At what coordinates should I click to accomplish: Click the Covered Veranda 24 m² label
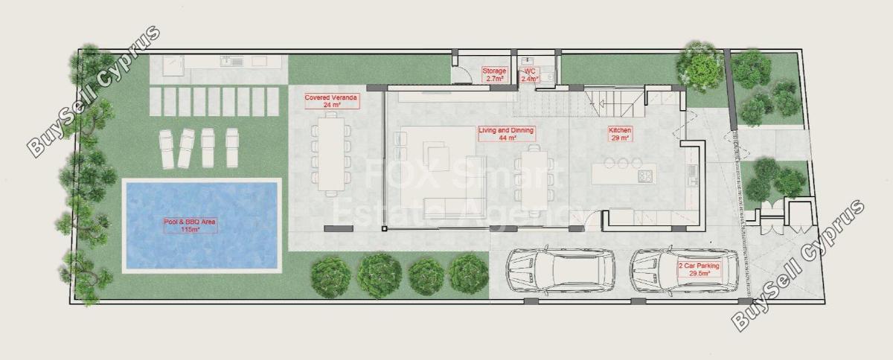tap(332, 101)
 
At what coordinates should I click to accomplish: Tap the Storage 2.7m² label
tap(494, 74)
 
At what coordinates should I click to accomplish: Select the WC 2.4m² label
tap(530, 75)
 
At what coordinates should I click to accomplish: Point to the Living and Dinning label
tap(506, 130)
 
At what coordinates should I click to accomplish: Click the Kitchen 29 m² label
tap(619, 134)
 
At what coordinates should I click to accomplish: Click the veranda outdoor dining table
tap(331, 154)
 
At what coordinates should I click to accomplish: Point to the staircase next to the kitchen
tap(614, 103)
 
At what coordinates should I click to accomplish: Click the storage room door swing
tap(461, 74)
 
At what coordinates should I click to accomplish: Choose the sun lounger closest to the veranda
tap(232, 147)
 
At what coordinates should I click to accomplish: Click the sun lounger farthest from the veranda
tap(166, 148)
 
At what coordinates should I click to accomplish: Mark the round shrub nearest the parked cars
tap(469, 273)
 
